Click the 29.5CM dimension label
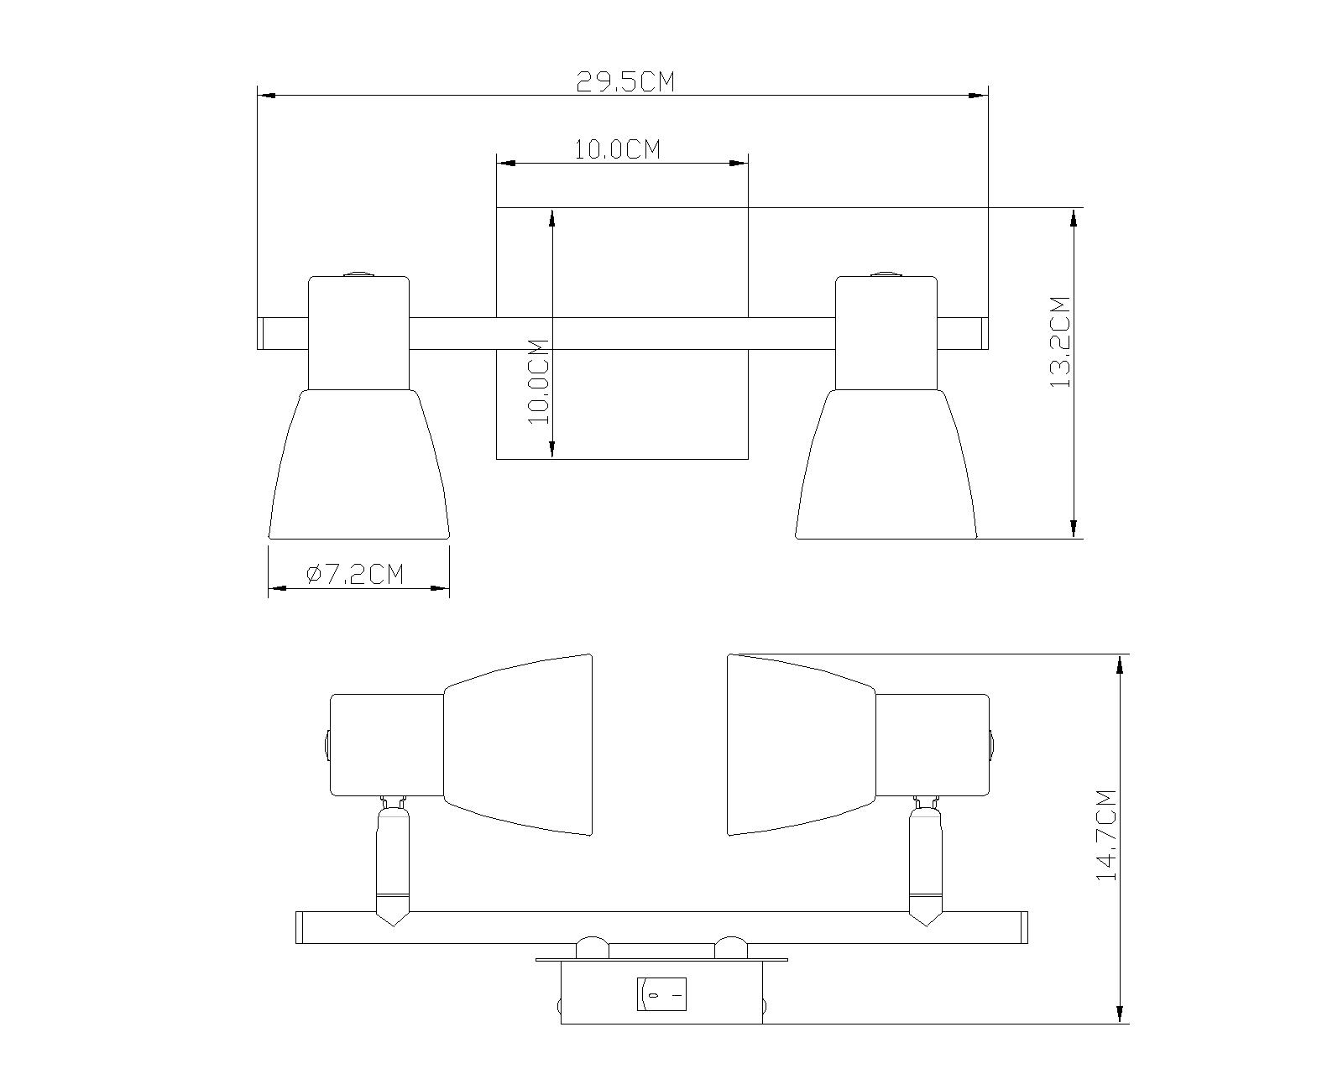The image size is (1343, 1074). pos(624,81)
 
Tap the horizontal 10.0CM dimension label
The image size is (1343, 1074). pos(617,150)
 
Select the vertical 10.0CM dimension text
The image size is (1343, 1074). pos(539,381)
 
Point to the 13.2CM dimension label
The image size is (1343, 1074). pos(1059,341)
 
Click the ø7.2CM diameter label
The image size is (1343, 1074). pos(355,574)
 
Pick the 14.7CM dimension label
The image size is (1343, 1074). pos(1105,836)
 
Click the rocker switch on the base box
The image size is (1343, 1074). pos(661,994)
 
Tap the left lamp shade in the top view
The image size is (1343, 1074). pos(359,464)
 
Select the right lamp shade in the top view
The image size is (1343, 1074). pos(886,464)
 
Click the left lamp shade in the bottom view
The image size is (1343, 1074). pos(518,745)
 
